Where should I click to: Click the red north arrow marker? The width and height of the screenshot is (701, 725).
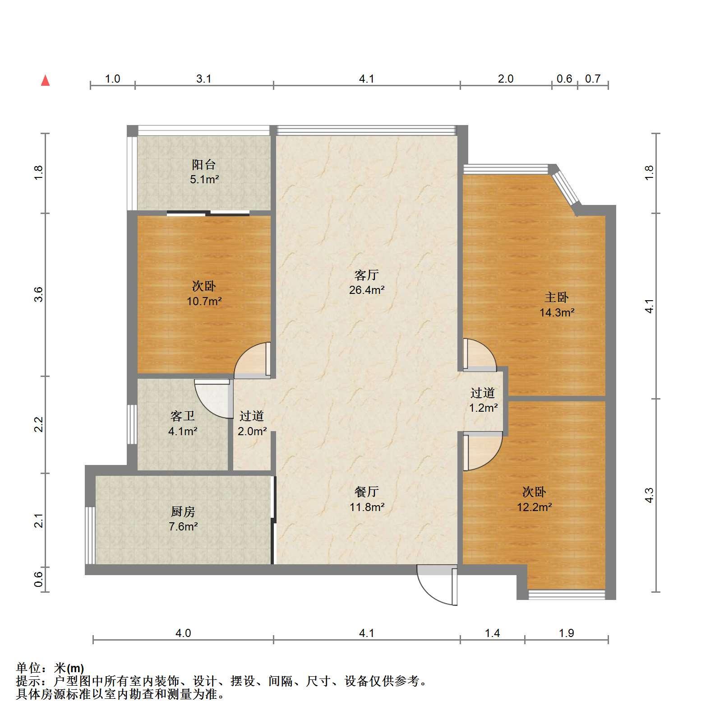45,81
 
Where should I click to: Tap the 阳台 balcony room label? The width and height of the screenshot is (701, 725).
204,164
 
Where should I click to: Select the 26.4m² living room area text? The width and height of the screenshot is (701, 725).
366,290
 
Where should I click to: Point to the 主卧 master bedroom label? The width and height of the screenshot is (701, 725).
556,297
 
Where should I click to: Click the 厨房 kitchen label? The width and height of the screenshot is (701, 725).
183,511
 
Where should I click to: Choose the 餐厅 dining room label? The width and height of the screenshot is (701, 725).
366,492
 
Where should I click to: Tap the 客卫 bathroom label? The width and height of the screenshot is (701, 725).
183,416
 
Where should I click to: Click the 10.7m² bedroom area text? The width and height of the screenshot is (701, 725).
204,301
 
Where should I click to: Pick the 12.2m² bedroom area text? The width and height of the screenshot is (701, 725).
534,507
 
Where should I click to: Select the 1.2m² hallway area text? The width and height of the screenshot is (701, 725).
483,408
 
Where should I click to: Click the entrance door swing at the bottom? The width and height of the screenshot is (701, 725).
437,585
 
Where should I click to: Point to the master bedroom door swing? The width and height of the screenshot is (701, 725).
480,355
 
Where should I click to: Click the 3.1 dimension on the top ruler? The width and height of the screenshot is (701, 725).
204,79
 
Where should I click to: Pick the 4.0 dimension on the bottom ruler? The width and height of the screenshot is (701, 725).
183,633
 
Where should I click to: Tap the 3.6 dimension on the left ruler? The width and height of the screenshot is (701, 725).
39,294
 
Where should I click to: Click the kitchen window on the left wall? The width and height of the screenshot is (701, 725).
90,535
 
